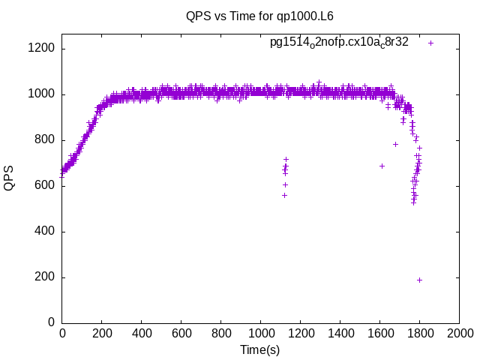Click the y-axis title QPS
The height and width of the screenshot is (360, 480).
click(x=10, y=178)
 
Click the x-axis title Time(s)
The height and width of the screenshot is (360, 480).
click(x=259, y=349)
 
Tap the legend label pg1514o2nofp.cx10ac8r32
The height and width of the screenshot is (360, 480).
click(x=339, y=43)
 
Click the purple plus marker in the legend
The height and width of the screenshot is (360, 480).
click(x=430, y=43)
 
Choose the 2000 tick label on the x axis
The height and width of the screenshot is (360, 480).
click(x=459, y=334)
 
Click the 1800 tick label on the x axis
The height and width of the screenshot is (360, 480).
click(x=419, y=334)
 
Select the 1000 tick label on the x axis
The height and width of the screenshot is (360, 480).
click(x=260, y=334)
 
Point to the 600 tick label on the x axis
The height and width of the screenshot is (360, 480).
click(x=181, y=334)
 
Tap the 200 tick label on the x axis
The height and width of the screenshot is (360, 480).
click(x=101, y=334)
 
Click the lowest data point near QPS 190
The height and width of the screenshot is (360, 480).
click(x=419, y=280)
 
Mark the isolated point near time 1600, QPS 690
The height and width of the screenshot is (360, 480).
click(x=382, y=166)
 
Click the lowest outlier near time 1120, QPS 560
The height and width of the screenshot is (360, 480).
click(x=284, y=195)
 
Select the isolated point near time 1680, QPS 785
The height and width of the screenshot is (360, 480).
click(x=395, y=144)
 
